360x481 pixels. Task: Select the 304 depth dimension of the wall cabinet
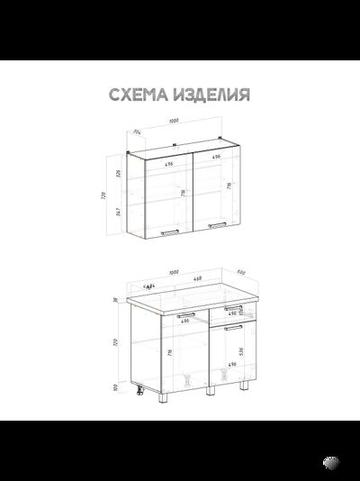pyautogui.click(x=138, y=132)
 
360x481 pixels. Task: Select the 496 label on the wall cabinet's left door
pyautogui.click(x=169, y=165)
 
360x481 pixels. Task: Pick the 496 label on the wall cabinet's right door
pyautogui.click(x=216, y=157)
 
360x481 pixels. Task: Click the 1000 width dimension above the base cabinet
pyautogui.click(x=173, y=272)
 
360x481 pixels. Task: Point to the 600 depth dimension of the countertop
pyautogui.click(x=241, y=271)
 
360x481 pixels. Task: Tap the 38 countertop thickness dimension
pyautogui.click(x=116, y=301)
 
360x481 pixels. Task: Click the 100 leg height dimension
pyautogui.click(x=116, y=387)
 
